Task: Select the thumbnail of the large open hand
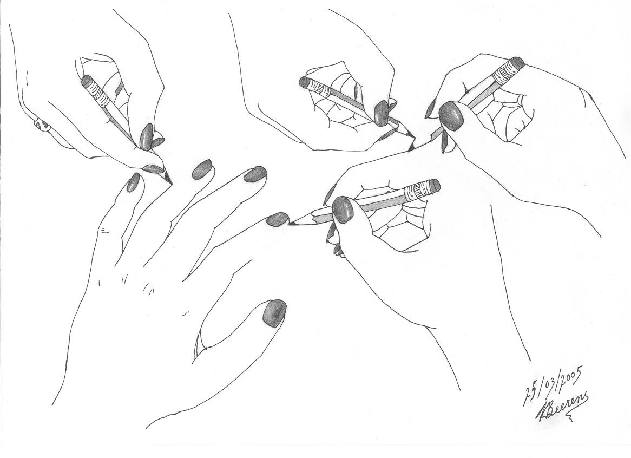(x=274, y=312)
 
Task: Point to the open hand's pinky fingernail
(x=277, y=219)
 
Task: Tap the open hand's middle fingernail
(x=202, y=169)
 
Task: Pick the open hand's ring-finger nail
(x=254, y=174)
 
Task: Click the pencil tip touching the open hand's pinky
(x=293, y=222)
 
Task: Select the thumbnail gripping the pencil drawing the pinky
(x=342, y=209)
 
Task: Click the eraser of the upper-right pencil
(x=517, y=62)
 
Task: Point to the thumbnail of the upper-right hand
(x=450, y=116)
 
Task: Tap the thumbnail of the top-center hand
(x=382, y=113)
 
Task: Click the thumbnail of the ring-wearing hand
(x=146, y=136)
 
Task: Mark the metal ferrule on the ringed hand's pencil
(x=96, y=90)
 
